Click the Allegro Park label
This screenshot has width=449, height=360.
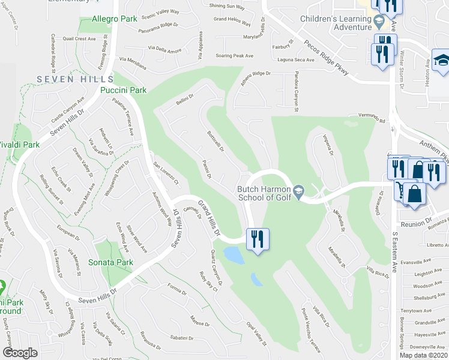coord(115,19)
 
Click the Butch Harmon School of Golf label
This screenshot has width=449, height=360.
coord(264,193)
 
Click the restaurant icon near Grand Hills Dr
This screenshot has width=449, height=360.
coord(258,239)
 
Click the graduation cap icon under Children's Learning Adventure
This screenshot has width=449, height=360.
coord(379,23)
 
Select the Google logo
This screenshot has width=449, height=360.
coord(20,353)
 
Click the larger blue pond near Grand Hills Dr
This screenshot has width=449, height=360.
coord(234,254)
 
